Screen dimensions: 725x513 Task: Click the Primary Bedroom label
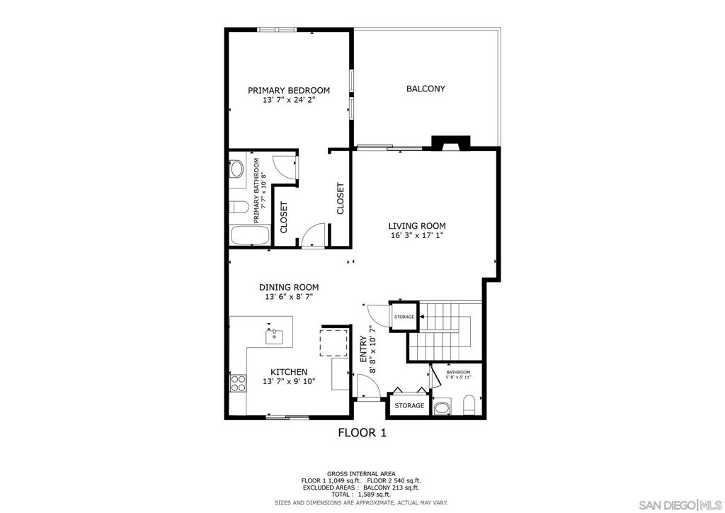(289, 90)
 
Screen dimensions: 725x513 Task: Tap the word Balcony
(426, 89)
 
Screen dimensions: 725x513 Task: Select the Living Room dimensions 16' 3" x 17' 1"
(416, 235)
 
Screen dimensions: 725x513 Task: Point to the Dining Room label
(289, 287)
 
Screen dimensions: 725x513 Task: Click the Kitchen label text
(289, 372)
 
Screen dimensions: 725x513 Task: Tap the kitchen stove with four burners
(238, 383)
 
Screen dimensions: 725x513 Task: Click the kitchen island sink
(274, 336)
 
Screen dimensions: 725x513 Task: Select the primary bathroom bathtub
(250, 235)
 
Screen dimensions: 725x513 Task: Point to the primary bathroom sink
(236, 169)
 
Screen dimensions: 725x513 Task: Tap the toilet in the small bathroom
(469, 406)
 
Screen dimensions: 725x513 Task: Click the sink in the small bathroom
(443, 408)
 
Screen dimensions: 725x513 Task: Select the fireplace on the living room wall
(451, 142)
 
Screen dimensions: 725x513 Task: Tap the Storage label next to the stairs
(404, 317)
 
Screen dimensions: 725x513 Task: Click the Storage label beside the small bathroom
(409, 406)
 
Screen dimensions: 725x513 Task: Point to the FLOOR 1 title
(362, 433)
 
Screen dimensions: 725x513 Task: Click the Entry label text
(363, 350)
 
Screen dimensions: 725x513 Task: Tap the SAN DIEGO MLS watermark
(680, 504)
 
